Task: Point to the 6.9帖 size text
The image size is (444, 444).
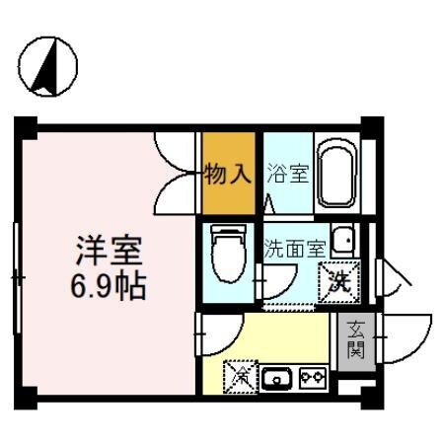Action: pyautogui.click(x=109, y=287)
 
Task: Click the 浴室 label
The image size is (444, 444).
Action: pyautogui.click(x=288, y=176)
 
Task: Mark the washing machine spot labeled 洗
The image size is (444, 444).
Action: pyautogui.click(x=339, y=282)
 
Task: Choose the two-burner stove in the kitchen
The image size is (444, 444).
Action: pyautogui.click(x=313, y=376)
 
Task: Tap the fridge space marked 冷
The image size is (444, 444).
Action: pyautogui.click(x=239, y=375)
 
